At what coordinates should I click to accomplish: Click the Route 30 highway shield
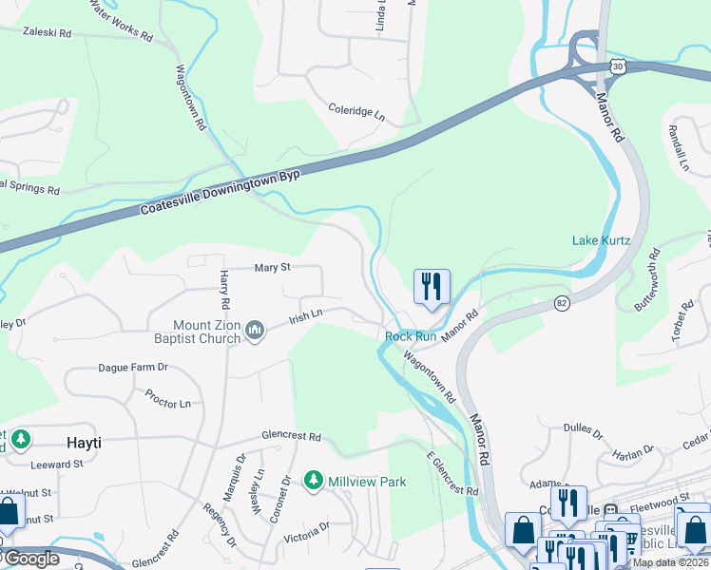[618, 66]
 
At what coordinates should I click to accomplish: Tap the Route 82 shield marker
[562, 302]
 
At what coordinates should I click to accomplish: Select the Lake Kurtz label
[601, 240]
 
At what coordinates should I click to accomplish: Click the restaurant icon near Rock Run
[432, 286]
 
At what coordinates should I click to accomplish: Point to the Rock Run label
[411, 336]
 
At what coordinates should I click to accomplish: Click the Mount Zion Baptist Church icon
[254, 330]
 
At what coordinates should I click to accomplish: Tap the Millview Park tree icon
[313, 482]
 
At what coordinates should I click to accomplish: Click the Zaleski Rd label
[48, 32]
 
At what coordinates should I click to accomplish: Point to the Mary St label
[272, 268]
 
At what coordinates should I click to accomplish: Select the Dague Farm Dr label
[133, 367]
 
